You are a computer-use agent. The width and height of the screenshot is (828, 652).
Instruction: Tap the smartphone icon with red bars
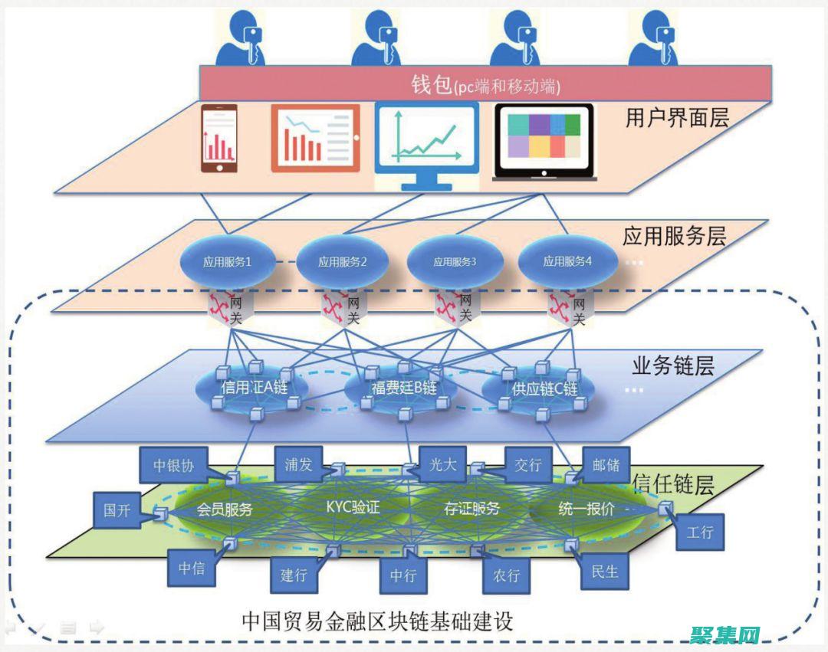(219, 139)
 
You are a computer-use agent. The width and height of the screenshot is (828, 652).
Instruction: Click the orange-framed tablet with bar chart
(315, 139)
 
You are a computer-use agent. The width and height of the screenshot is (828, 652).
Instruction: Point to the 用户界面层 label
(677, 119)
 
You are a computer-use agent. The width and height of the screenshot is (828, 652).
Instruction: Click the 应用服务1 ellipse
(227, 261)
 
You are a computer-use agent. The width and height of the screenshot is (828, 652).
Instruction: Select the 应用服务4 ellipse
(567, 261)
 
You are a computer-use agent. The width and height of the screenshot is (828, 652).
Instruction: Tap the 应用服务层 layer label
(674, 236)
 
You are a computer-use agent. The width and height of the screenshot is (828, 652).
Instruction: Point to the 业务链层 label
(672, 366)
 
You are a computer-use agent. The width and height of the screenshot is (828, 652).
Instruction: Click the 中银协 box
(173, 465)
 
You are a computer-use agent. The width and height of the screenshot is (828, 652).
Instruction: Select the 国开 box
(117, 510)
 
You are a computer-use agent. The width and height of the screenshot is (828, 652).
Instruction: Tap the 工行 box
(700, 531)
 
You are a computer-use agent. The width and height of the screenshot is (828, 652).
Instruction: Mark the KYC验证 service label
(353, 507)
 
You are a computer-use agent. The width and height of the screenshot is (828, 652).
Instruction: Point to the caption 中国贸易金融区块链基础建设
(377, 620)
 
